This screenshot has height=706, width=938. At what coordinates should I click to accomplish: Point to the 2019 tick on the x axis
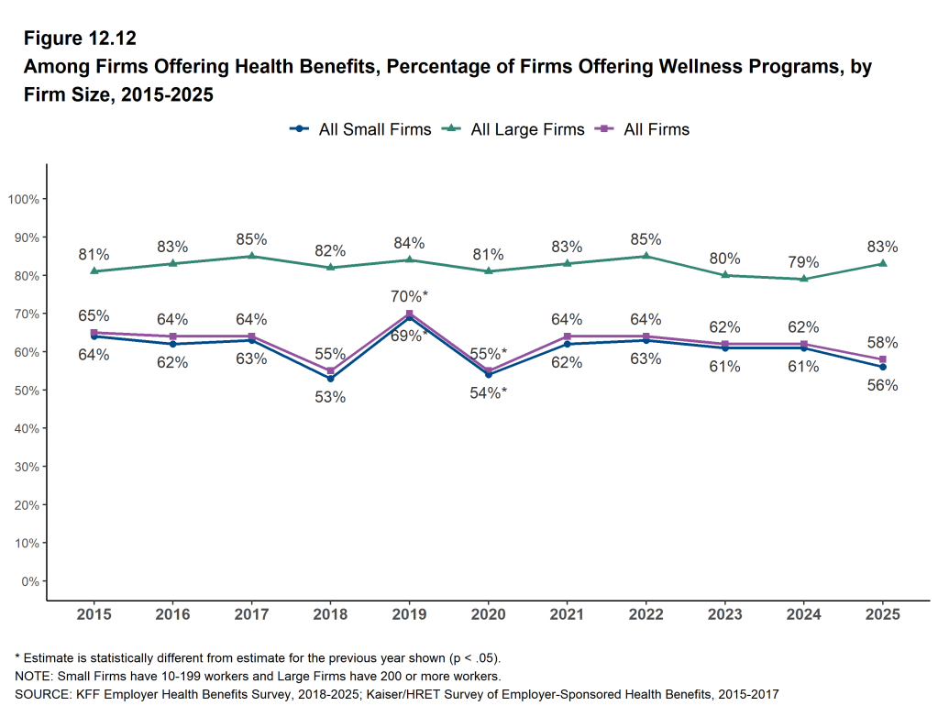point(409,612)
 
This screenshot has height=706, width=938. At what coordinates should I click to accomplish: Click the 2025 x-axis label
point(883,612)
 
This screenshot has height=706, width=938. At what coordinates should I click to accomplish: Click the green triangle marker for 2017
point(251,256)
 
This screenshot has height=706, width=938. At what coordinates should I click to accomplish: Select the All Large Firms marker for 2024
point(804,279)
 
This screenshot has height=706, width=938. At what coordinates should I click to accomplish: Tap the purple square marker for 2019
point(409,314)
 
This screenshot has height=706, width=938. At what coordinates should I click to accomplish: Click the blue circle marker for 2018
point(330,379)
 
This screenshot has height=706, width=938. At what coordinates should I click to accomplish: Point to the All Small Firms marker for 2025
point(883,367)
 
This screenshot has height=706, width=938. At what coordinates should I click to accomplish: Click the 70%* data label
point(410,296)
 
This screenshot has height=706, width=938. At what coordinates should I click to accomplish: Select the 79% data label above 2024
point(804,261)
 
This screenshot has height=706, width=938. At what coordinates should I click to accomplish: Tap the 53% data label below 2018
point(330,397)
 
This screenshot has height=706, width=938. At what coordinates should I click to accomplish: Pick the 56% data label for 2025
point(883,385)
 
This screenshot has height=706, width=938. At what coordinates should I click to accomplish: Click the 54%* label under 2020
point(488,392)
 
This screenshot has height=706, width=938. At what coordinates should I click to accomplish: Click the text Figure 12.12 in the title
point(80,39)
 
